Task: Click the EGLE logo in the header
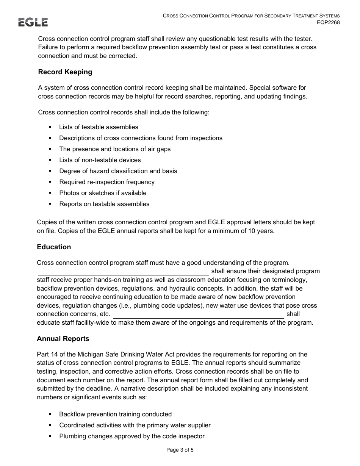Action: click(x=33, y=22)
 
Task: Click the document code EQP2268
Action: click(x=328, y=22)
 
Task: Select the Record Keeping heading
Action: click(x=65, y=72)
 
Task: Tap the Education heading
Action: click(x=54, y=247)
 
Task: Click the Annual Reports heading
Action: click(x=63, y=339)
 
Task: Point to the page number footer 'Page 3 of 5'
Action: click(x=180, y=450)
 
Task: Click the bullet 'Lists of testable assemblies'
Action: click(x=99, y=127)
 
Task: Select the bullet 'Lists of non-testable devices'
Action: click(x=100, y=160)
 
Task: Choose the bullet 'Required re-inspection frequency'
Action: click(x=106, y=182)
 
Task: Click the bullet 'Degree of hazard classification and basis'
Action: click(x=118, y=171)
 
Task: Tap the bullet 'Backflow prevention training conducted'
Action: click(x=115, y=414)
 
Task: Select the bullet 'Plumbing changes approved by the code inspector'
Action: click(x=131, y=436)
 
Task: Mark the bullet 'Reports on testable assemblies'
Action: click(x=104, y=204)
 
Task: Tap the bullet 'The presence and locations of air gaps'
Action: click(x=115, y=149)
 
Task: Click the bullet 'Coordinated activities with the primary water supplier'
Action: click(x=135, y=425)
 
